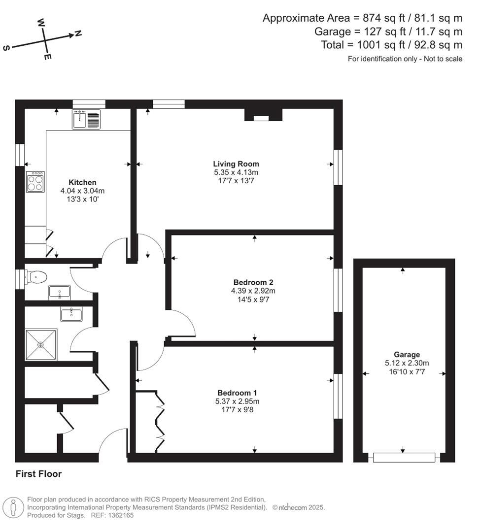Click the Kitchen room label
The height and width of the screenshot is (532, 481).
(x=82, y=182)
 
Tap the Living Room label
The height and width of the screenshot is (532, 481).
(x=236, y=164)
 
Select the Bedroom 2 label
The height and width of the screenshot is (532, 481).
(x=253, y=282)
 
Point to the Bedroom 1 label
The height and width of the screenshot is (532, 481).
(x=237, y=393)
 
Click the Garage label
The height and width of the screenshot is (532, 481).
(x=407, y=354)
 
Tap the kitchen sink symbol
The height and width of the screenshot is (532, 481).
(x=86, y=120)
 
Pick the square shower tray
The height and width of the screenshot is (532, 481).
(x=41, y=345)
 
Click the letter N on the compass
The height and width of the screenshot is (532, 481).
(x=78, y=33)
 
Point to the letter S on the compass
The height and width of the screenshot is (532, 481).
(x=6, y=48)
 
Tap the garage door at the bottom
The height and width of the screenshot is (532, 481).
(x=404, y=458)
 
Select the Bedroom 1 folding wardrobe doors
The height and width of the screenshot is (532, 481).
(x=160, y=421)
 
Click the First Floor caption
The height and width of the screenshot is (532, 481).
(x=38, y=474)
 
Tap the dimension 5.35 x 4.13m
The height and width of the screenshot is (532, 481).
(x=236, y=172)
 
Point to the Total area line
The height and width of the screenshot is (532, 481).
(x=391, y=45)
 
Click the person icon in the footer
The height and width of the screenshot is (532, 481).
(x=13, y=507)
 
